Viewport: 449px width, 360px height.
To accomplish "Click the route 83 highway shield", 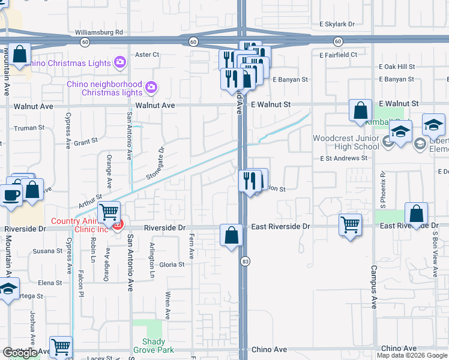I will tap(245, 262).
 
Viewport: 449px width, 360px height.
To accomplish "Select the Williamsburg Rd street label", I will tap(99, 32).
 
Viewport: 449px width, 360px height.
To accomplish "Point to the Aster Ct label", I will tap(146, 55).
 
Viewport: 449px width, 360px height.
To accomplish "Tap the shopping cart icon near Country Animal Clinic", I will tap(109, 212).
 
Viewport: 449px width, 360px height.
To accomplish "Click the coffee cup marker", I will tap(11, 193).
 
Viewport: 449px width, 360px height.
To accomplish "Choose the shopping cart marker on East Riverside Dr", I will tap(351, 225).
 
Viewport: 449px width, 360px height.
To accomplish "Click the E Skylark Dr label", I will tap(337, 25).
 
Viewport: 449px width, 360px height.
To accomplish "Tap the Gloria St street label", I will tap(172, 265).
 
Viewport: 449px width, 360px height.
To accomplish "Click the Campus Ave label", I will tap(373, 287).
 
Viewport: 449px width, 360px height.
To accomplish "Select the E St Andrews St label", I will tap(343, 158).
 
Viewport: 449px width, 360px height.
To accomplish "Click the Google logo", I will tap(20, 353).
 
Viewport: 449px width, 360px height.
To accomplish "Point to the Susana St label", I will tap(43, 250).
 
